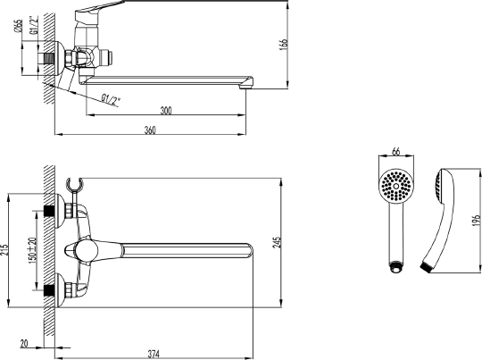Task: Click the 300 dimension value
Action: (x=165, y=110)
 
